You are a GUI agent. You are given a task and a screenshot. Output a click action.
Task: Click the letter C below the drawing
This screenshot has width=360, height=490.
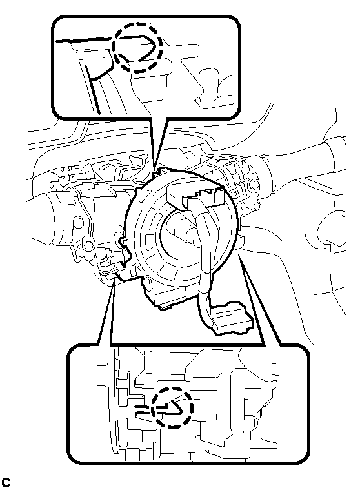pyautogui.click(x=6, y=482)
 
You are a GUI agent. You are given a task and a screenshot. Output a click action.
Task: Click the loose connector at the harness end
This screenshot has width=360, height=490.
pyautogui.click(x=232, y=318)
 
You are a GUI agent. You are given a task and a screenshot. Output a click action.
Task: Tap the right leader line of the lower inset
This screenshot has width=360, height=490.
pyautogui.click(x=259, y=300)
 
